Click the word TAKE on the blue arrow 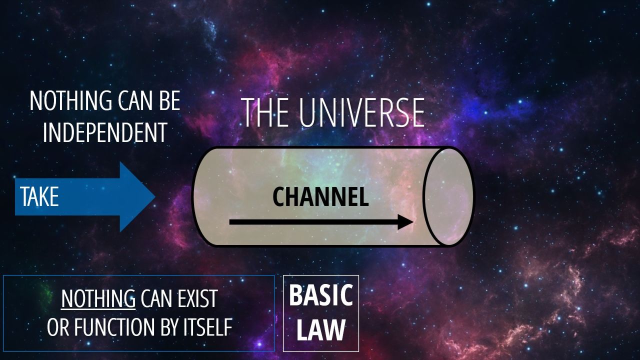(39, 196)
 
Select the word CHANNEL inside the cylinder (320, 197)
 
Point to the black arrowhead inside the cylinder (405, 222)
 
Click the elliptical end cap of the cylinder (448, 196)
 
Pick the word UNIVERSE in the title (361, 112)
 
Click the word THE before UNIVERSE (265, 112)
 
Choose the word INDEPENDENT (105, 132)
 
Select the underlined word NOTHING (98, 298)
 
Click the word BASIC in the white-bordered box (321, 295)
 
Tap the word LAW (321, 329)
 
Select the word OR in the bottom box (58, 327)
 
